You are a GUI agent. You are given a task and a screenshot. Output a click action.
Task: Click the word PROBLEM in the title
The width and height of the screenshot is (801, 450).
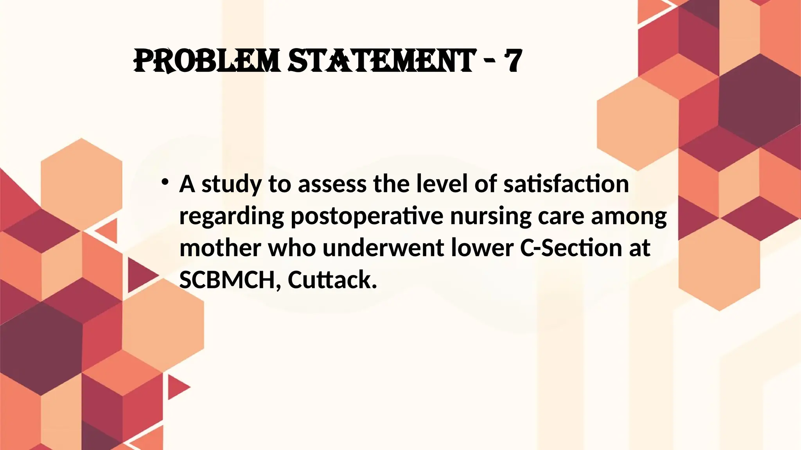207,61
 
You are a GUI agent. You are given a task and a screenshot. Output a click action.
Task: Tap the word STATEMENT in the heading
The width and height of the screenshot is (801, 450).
382,61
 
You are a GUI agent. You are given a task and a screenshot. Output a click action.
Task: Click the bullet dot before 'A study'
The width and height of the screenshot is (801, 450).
165,182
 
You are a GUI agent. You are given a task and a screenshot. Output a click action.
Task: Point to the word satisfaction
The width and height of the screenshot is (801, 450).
566,184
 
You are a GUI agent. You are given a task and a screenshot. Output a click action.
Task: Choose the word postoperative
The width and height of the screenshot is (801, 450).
367,216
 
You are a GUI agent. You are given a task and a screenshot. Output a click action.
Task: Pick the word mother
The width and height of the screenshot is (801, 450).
220,248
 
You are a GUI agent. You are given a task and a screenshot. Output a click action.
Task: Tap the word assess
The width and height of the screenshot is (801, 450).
332,184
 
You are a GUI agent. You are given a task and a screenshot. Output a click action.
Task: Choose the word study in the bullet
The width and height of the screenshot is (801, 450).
231,184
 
